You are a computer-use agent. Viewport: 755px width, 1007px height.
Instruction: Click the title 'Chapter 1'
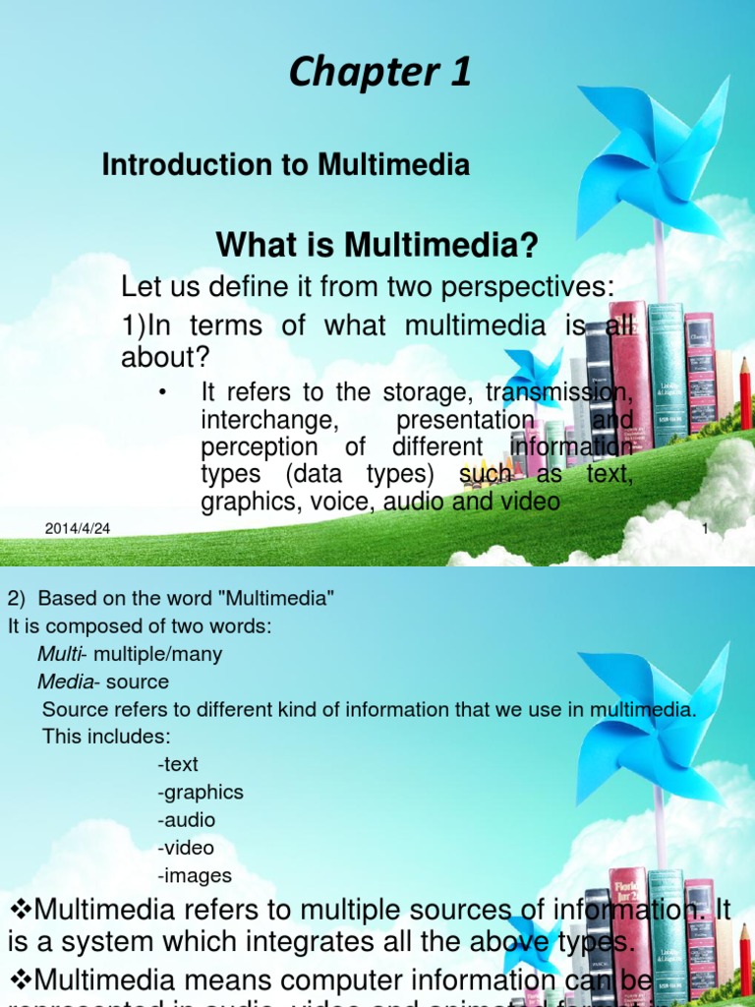click(379, 74)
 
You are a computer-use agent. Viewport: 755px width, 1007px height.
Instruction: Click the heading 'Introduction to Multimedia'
click(285, 165)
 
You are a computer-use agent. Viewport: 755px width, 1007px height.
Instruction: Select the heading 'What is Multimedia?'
click(377, 245)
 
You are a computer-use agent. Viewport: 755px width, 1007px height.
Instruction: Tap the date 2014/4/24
click(78, 529)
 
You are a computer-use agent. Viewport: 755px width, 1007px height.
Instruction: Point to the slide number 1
click(705, 530)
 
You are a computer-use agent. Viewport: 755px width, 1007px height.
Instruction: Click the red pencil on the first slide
click(745, 393)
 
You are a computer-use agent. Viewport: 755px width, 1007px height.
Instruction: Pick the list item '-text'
click(177, 764)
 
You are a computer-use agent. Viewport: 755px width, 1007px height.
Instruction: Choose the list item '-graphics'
click(200, 792)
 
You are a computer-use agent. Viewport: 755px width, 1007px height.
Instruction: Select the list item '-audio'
click(186, 819)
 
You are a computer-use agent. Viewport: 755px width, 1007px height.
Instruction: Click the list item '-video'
click(185, 847)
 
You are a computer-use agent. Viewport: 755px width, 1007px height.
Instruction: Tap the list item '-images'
click(194, 874)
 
